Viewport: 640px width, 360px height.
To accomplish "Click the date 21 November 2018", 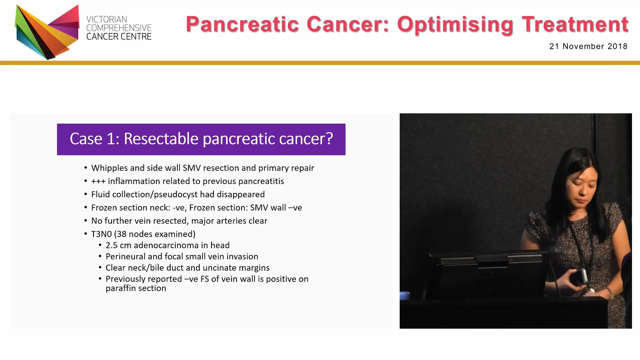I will click(x=588, y=46).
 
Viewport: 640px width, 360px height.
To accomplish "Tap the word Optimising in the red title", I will click(x=455, y=24).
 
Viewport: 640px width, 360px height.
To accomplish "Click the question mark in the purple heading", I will click(x=329, y=139).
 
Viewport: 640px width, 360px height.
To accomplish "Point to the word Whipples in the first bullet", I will click(x=109, y=168).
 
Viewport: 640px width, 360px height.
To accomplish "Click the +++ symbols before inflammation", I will click(x=98, y=181).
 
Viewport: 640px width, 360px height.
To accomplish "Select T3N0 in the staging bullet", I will click(x=101, y=234).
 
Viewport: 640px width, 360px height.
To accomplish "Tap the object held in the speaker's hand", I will click(x=579, y=277).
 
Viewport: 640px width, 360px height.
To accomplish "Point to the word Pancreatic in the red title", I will click(x=242, y=24).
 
